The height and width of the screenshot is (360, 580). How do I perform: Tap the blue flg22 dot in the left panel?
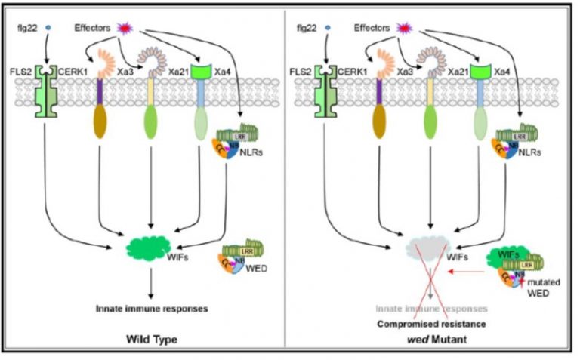click(x=49, y=29)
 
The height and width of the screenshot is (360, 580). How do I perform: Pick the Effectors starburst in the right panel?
click(x=405, y=29)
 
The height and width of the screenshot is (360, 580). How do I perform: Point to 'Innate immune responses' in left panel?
click(x=151, y=308)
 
